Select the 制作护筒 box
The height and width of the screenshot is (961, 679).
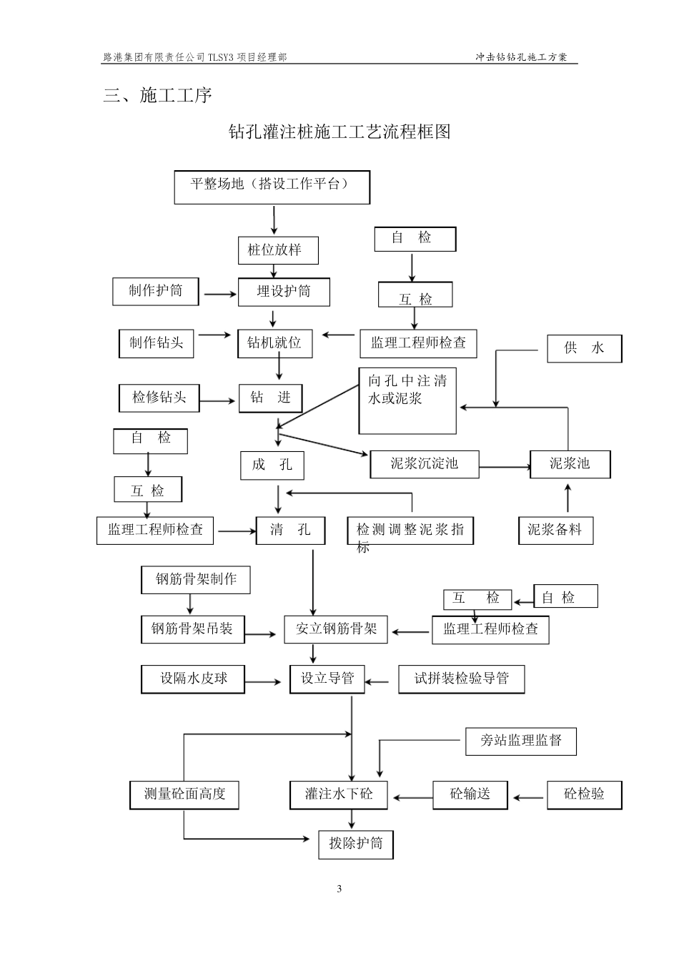(155, 291)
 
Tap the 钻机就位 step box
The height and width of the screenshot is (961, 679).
(275, 343)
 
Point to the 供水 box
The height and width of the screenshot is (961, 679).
(584, 348)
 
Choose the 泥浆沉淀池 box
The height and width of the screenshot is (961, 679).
(424, 464)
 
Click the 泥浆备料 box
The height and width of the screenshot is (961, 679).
(555, 530)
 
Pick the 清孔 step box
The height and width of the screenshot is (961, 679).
(290, 530)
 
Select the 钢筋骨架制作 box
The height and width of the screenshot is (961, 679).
(196, 579)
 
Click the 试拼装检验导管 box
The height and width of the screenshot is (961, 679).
(461, 679)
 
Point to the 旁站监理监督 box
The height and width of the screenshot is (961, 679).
(520, 741)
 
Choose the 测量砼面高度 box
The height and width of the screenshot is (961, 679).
(184, 794)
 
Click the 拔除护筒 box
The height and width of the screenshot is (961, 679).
(356, 844)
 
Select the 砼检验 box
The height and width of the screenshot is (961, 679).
(584, 794)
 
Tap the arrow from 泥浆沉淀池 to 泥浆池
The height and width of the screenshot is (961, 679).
(504, 468)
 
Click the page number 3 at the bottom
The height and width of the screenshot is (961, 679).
(339, 889)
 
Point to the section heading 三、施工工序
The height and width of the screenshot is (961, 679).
(158, 96)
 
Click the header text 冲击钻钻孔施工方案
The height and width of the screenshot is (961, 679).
(521, 57)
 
